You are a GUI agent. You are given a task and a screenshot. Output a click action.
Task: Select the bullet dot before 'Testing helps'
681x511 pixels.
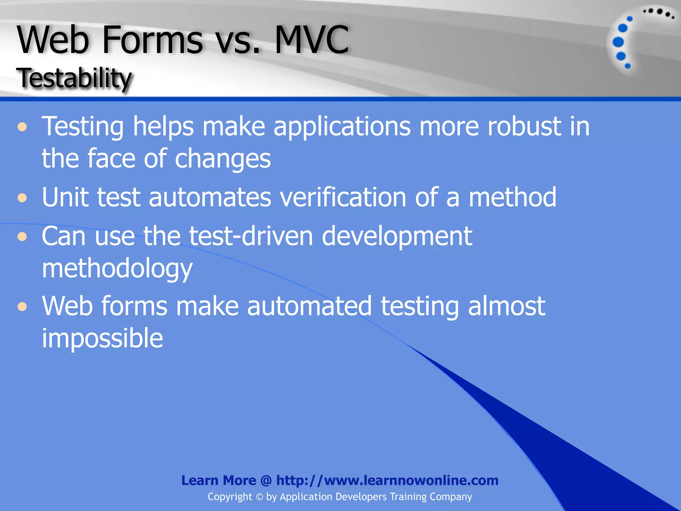[22, 127]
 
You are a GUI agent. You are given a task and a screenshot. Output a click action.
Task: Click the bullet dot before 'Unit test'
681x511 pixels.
[22, 198]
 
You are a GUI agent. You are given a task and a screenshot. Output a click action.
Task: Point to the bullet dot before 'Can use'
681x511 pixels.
[22, 237]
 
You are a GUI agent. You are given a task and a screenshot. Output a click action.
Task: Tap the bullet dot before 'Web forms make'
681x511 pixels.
[22, 306]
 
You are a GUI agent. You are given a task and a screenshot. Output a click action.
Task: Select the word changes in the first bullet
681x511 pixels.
[222, 159]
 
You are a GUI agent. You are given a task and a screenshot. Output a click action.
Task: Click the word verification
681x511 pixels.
[343, 197]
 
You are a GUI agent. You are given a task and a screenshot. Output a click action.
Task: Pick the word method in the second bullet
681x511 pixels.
[512, 197]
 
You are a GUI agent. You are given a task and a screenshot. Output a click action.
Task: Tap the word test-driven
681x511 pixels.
[251, 236]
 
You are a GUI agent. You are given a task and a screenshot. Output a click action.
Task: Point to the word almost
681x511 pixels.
[506, 306]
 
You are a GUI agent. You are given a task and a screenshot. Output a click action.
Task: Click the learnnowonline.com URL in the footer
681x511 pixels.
[387, 480]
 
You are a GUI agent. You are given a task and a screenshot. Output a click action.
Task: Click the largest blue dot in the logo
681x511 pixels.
[618, 42]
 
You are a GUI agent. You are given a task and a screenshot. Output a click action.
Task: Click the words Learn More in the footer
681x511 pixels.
[218, 480]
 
